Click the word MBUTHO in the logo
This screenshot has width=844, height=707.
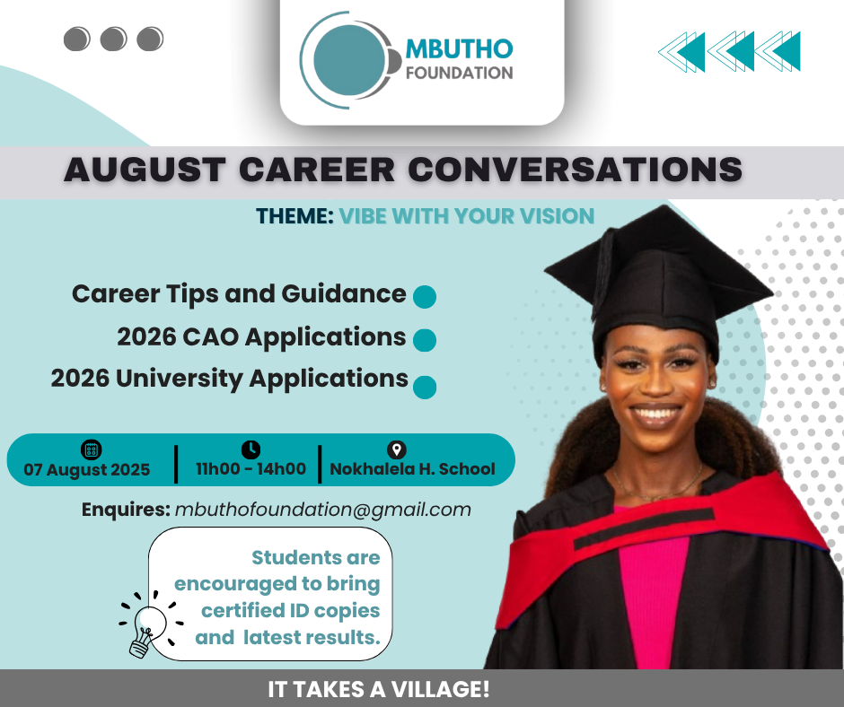pos(459,49)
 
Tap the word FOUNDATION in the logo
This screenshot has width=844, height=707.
pos(459,73)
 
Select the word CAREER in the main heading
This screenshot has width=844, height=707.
pos(316,170)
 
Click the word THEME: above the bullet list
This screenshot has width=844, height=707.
pos(295,216)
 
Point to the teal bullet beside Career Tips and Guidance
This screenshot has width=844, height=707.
pos(425,297)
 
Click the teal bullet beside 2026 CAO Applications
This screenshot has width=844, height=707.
pos(425,340)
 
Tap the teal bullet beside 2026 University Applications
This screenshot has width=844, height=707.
pos(425,388)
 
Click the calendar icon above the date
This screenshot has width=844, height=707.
pos(91,450)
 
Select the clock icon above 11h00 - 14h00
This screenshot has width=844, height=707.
pos(251,450)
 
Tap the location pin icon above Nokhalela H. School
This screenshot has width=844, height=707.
pos(397,450)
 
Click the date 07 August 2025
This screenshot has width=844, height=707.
pos(87,470)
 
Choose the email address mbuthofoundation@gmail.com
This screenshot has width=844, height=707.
pos(323,510)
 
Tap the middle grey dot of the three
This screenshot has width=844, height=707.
pos(113,39)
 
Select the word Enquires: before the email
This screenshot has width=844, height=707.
pos(126,510)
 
